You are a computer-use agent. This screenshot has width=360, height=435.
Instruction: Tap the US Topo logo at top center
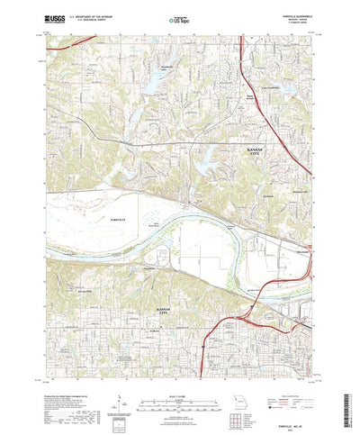179,17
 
